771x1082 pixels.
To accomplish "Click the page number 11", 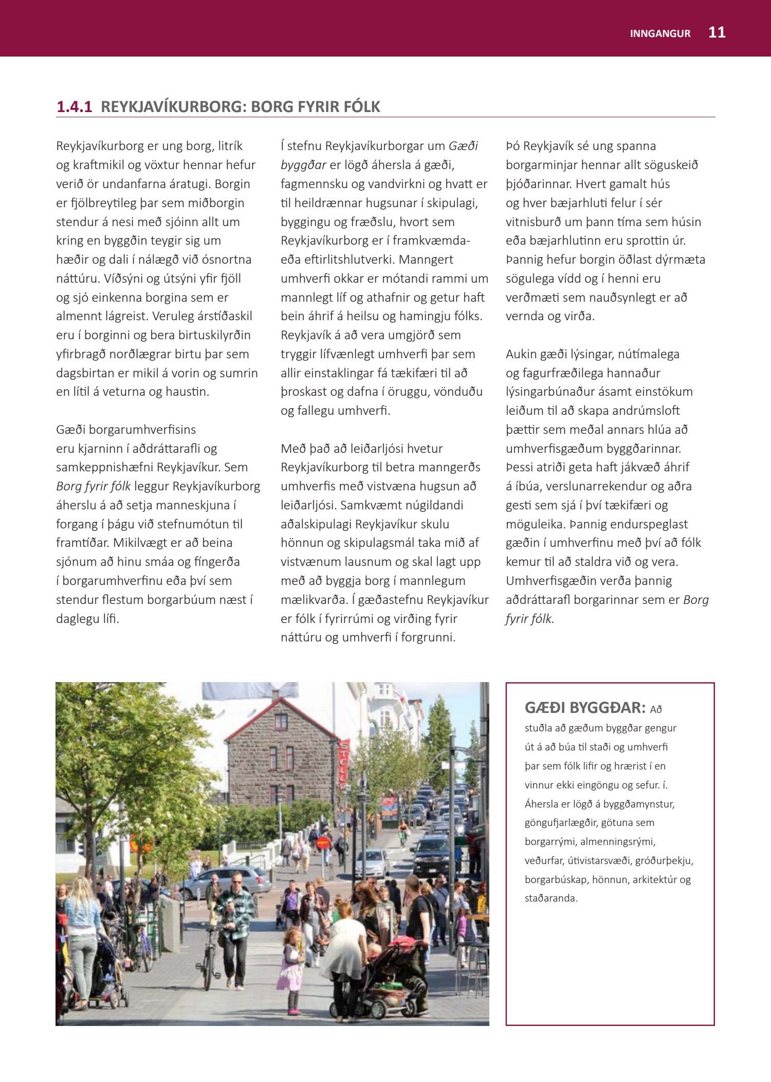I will coord(717,32).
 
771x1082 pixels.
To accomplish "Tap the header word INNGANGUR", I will coord(660,34).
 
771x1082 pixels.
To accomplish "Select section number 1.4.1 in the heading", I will coord(74,107).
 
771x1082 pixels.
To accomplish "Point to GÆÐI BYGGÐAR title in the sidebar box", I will coord(584,708).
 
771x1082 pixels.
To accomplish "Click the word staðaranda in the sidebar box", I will coord(550,898).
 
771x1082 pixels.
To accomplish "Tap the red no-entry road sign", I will coord(323,842).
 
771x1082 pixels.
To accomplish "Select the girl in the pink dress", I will coord(291,967).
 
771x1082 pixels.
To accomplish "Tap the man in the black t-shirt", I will coord(419,920).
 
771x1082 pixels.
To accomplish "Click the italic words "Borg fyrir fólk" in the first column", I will coord(93,486).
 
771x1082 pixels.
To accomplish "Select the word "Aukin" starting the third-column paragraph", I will coord(520,354).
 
